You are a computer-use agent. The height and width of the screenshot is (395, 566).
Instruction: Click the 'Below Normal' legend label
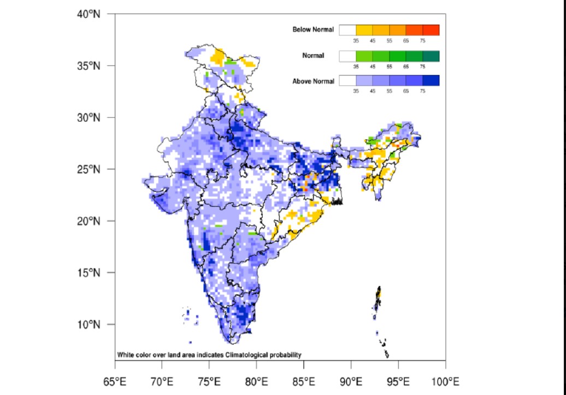click(x=313, y=30)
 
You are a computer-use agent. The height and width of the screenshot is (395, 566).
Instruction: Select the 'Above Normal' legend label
click(x=313, y=81)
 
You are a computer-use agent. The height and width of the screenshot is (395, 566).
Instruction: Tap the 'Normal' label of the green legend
click(x=313, y=56)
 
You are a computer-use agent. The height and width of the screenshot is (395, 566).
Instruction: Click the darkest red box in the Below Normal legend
click(x=431, y=30)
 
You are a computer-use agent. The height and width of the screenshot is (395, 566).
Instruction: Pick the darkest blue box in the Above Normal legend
click(x=431, y=81)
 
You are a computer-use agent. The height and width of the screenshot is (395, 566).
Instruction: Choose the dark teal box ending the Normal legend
click(x=431, y=56)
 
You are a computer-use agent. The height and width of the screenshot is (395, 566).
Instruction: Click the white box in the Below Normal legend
click(x=347, y=30)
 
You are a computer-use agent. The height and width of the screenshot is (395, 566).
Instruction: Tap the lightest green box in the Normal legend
click(x=364, y=56)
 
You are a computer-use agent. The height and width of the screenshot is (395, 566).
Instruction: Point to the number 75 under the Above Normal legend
click(x=422, y=91)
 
